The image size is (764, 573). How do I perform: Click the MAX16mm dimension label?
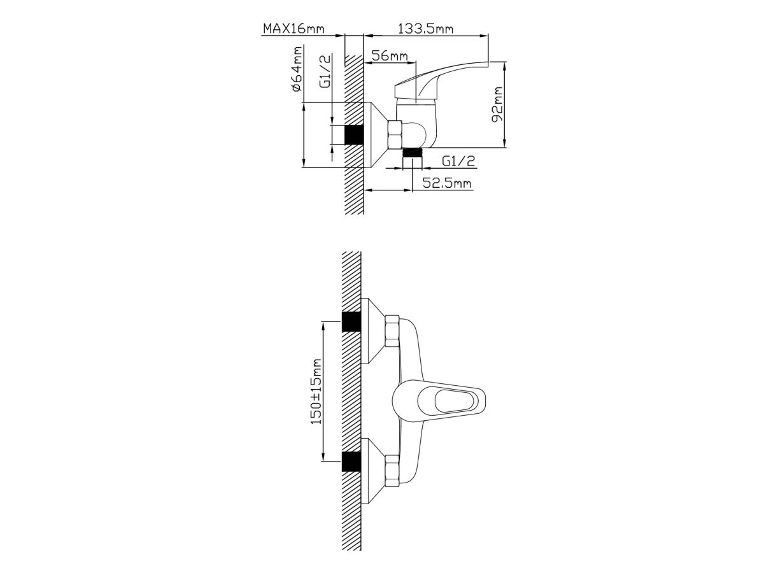coord(294,29)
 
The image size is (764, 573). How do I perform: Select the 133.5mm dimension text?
coord(425,29)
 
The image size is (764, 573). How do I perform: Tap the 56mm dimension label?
coord(390,55)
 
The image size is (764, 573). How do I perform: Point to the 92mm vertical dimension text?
coord(497,104)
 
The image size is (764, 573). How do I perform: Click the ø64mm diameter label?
coord(297,69)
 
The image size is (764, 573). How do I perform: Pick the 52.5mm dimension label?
coord(448,183)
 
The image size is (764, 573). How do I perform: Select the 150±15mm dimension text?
coord(316,392)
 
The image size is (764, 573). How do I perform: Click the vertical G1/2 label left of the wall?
coord(325,71)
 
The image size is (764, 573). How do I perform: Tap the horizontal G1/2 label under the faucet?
coord(458,160)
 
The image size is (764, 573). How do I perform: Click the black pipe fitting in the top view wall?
coord(354,134)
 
